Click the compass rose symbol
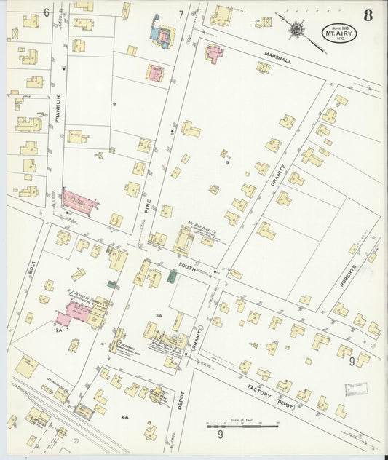(297, 28)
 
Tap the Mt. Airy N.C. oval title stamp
(340, 32)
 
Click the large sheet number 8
(368, 16)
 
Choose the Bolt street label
(31, 268)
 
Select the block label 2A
(58, 330)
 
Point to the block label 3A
(159, 316)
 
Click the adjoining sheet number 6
(46, 12)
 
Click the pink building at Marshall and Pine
(215, 52)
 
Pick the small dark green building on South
(173, 274)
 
